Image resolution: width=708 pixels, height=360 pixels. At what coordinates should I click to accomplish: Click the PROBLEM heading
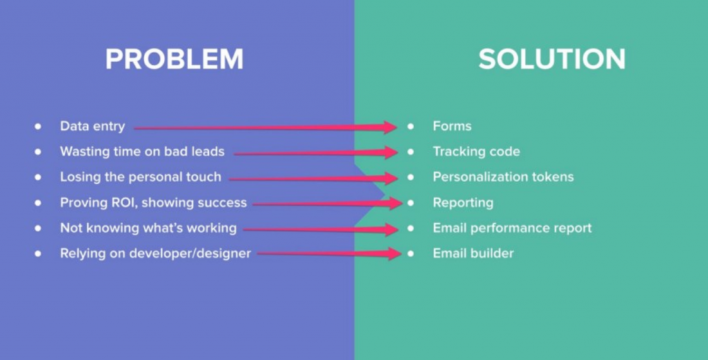coord(174,59)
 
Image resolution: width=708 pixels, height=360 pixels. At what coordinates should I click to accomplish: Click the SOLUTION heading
coord(552,59)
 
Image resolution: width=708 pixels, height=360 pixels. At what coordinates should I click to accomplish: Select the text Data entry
coord(93,126)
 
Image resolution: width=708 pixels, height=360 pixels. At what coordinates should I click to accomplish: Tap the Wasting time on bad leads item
coord(142,151)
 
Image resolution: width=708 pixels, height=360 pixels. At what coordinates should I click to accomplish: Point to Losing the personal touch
coord(140,177)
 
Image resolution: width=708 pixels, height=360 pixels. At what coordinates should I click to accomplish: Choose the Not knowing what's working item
coord(148,228)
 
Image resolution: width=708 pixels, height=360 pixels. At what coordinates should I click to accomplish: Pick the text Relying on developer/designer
coord(156,253)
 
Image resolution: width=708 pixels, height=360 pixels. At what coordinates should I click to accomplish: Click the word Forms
coord(452,126)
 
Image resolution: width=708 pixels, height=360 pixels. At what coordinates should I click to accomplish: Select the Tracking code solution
coord(476,151)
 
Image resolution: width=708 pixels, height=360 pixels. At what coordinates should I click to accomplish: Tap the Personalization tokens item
coord(503,176)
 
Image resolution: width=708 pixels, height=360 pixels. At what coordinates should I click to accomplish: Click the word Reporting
coord(463,202)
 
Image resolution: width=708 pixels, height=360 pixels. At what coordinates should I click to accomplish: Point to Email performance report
coord(512,228)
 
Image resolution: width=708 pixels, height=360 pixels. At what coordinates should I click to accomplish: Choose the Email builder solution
coord(473,253)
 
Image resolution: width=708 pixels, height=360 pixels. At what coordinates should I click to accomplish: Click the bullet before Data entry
coord(38,126)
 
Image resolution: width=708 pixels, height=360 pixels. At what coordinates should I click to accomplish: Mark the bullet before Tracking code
coord(410,152)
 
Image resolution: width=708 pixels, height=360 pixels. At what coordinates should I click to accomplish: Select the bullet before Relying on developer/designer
coord(38,254)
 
